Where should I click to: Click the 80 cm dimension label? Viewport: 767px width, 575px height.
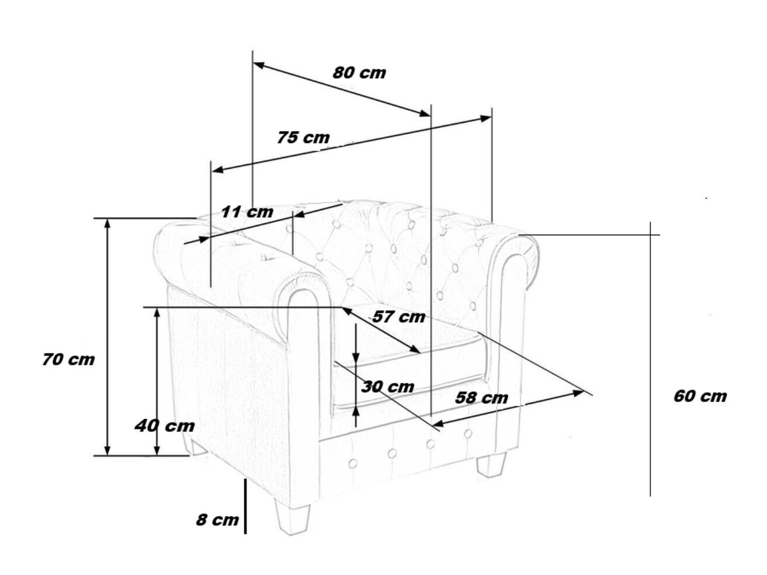359,74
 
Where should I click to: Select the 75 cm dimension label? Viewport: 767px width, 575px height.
303,138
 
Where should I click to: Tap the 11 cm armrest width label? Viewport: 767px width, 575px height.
247,211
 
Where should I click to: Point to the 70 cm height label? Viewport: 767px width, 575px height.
68,360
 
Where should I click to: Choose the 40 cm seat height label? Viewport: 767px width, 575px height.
165,426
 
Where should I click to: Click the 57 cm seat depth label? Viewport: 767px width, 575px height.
399,317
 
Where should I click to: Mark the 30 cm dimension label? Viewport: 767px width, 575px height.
387,387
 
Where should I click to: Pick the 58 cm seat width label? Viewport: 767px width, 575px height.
481,398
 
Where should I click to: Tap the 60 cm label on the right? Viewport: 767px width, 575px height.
700,396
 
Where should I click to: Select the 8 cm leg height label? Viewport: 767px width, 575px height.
217,520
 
